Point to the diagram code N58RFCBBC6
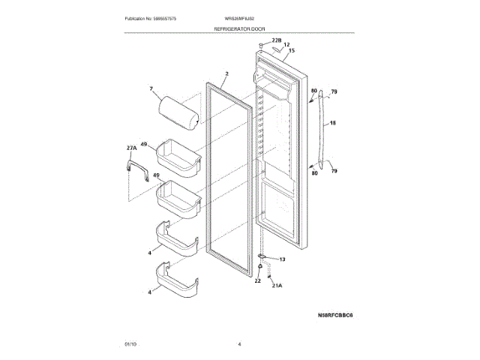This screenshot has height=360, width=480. [325, 316]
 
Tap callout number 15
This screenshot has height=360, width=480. [291, 51]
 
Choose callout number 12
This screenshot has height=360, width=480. [286, 44]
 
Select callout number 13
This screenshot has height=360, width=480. [282, 259]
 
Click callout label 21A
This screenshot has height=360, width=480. [276, 286]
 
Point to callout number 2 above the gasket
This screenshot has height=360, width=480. [226, 74]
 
